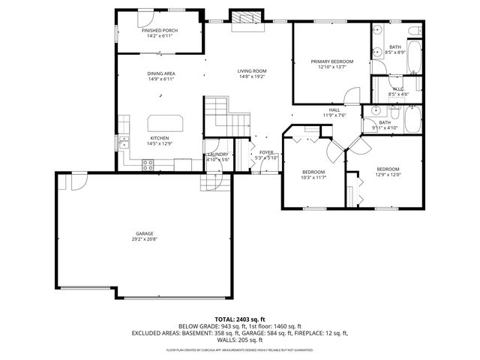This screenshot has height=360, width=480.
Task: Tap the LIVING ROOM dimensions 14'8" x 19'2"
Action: pos(253,76)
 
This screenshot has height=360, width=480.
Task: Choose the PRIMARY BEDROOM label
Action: pos(331,61)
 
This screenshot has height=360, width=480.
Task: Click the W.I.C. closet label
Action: pos(398,89)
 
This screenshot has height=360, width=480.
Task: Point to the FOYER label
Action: pos(266,152)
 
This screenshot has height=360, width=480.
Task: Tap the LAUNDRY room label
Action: pos(217,154)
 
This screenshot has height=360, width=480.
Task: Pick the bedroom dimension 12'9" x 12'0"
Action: pos(388,174)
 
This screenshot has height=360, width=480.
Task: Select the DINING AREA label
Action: pos(161,73)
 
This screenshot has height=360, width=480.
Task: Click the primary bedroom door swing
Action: pos(350,95)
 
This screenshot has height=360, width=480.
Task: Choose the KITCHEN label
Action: pos(159,138)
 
